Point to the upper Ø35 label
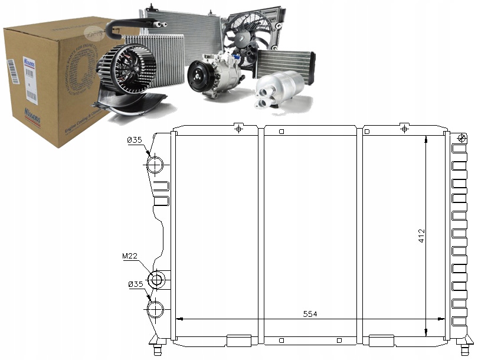(135, 140)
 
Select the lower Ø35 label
(135, 284)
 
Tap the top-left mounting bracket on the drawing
(238, 128)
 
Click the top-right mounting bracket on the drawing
(404, 128)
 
